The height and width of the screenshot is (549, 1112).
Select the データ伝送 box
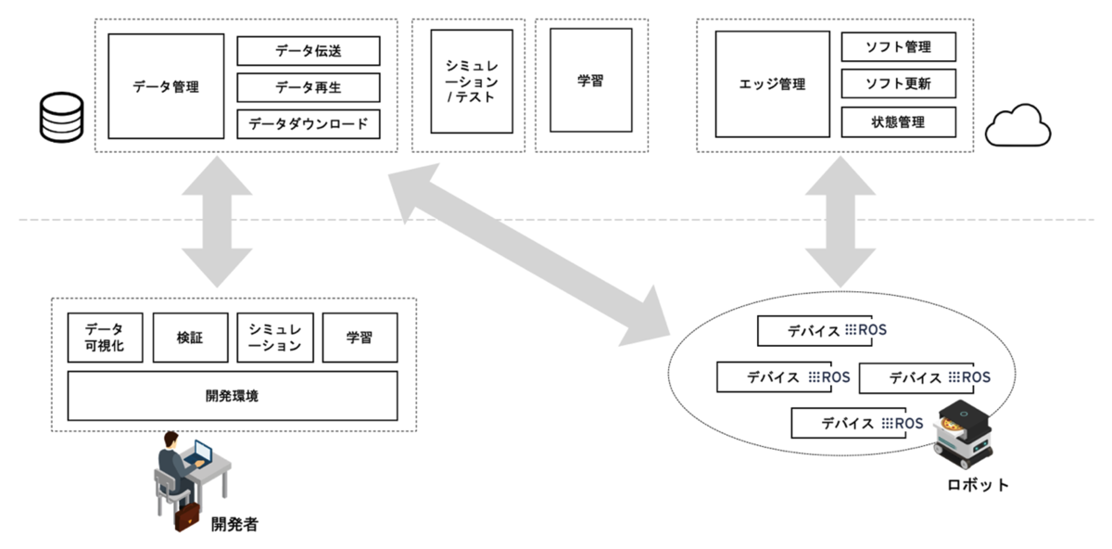tap(308, 51)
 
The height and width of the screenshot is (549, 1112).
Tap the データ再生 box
tap(308, 87)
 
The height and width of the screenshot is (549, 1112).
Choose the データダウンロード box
tap(308, 123)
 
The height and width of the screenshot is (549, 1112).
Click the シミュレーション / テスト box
tap(472, 82)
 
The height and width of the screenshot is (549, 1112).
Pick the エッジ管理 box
tap(772, 84)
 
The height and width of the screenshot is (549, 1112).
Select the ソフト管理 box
tap(897, 47)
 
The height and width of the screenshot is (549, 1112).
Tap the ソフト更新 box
tap(897, 84)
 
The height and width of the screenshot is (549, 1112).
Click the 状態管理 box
tap(897, 121)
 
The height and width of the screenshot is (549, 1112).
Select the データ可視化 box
tap(105, 338)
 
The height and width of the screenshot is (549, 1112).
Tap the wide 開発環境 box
tap(232, 396)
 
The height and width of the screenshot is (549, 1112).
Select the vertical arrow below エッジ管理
tap(840, 222)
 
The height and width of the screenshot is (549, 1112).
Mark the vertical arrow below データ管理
tap(216, 222)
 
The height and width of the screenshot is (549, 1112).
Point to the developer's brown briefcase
tap(187, 517)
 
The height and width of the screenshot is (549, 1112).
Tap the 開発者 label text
tap(232, 524)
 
